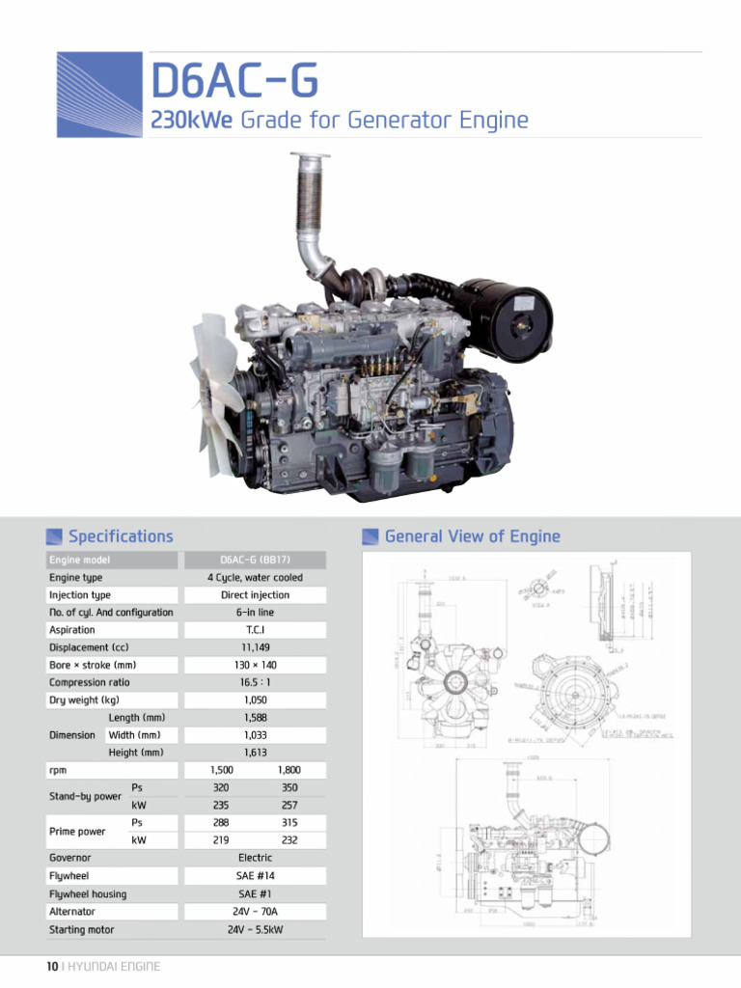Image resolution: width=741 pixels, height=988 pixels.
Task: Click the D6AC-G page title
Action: [233, 81]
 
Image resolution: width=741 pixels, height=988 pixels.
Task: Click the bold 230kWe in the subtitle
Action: [192, 121]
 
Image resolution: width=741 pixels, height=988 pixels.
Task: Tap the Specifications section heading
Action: [121, 536]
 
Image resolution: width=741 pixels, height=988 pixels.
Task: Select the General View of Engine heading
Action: [472, 536]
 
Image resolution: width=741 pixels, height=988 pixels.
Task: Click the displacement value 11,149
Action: [255, 647]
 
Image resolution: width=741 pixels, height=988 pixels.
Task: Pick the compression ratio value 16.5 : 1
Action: [255, 682]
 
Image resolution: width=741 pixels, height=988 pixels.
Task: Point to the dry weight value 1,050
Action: [255, 700]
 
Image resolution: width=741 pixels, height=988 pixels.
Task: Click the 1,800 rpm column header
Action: [288, 770]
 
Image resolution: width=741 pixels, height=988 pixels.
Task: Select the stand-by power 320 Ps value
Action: [221, 787]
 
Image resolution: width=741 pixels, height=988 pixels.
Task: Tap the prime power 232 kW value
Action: [288, 840]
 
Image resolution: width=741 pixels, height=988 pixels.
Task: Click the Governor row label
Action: [70, 858]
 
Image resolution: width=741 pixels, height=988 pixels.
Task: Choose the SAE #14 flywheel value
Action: [255, 875]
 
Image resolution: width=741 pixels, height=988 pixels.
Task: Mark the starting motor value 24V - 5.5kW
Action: [255, 930]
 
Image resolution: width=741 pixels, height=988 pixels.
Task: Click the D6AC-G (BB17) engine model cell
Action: [255, 560]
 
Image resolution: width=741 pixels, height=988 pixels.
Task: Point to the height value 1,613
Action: [255, 753]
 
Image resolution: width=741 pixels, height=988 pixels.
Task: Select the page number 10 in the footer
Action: [53, 967]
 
